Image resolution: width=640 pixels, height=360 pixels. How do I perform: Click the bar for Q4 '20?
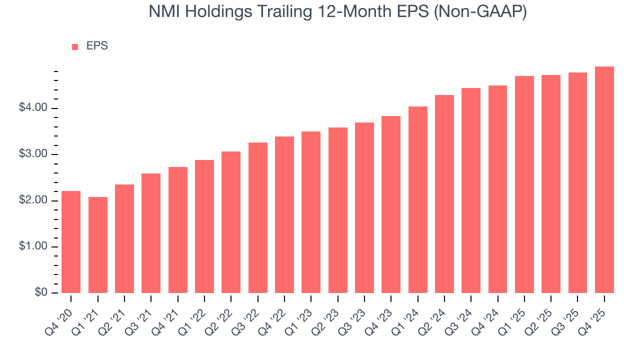(x=71, y=242)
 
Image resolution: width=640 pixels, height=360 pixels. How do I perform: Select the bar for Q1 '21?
(x=98, y=245)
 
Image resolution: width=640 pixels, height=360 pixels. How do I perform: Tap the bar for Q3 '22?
(x=258, y=217)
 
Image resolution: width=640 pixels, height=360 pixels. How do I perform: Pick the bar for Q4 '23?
(x=391, y=204)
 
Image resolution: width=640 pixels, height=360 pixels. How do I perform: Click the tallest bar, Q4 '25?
(x=604, y=180)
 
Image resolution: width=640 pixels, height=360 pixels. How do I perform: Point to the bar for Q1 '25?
(x=524, y=184)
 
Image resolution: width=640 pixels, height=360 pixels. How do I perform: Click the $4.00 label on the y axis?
(x=33, y=108)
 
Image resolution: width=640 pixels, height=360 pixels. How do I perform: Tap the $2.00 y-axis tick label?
(x=33, y=200)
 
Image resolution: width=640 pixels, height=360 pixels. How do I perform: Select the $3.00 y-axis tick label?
(x=33, y=154)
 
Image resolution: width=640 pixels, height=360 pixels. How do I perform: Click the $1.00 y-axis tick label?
(x=33, y=247)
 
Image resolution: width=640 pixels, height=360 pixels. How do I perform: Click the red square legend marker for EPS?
(x=75, y=47)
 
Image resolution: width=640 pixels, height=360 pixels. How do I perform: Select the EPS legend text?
(x=97, y=46)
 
